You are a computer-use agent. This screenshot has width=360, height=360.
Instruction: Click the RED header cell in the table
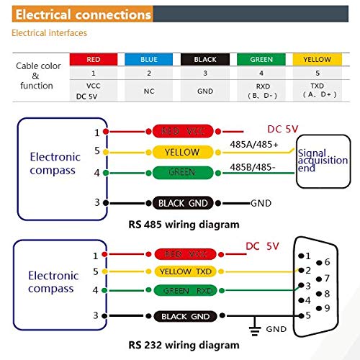[93, 59]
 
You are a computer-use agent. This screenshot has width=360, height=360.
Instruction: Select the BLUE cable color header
[149, 59]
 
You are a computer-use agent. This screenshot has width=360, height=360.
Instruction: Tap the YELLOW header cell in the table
[317, 59]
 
